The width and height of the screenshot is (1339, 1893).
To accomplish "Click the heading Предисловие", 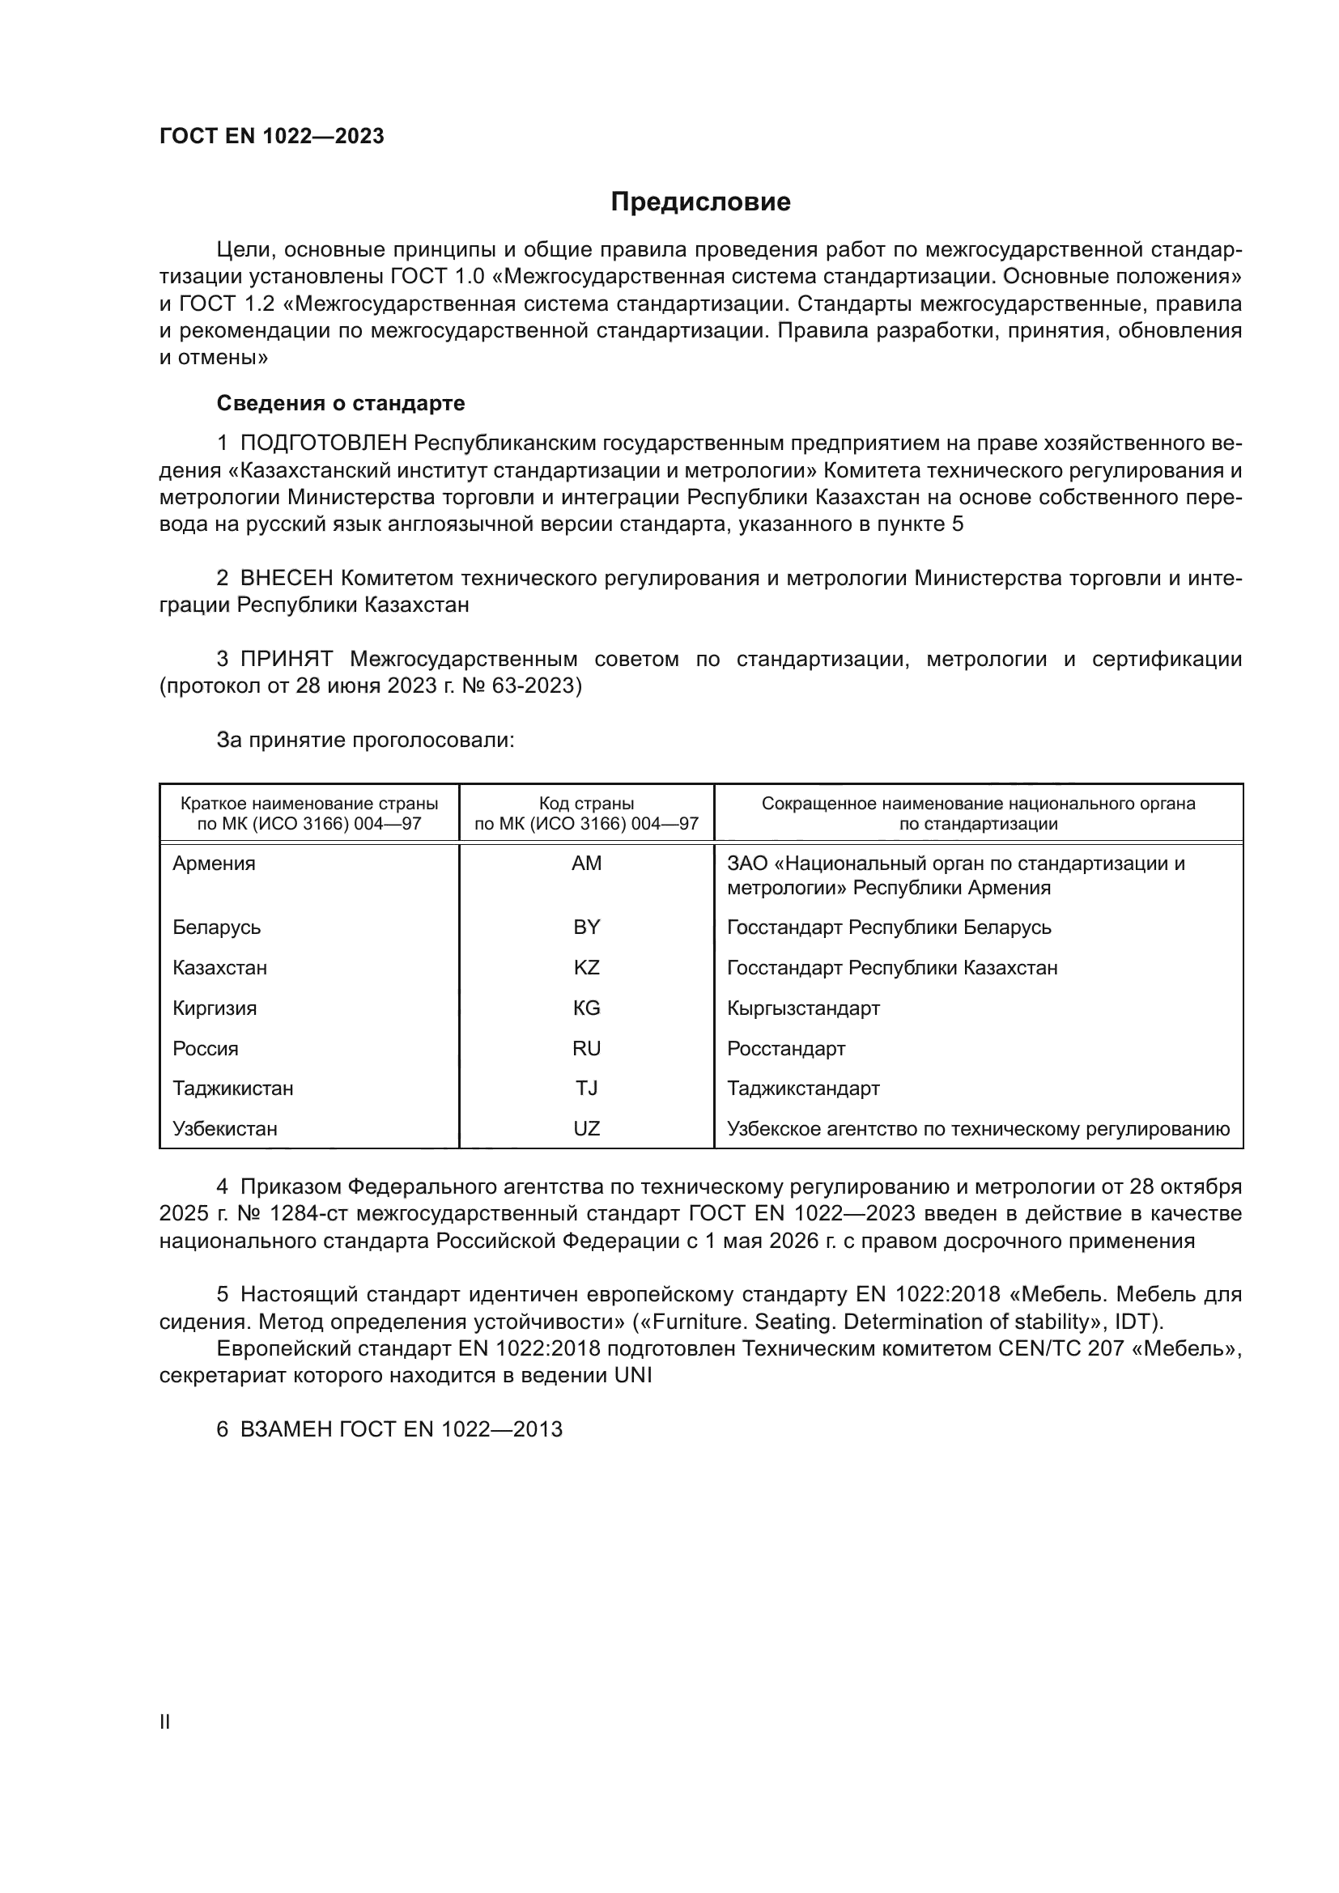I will pos(700,202).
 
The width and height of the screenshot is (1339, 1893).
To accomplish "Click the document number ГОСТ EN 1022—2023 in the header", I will pos(271,137).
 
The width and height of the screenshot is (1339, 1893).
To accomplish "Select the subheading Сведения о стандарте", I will pos(341,403).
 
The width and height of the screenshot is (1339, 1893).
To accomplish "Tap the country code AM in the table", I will pos(586,864).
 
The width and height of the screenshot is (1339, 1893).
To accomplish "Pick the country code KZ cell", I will pos(586,967).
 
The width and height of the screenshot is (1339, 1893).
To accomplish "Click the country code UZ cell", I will pos(586,1129).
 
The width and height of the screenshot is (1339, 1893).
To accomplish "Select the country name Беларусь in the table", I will pos(216,927).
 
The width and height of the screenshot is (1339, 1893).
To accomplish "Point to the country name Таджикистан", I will pos(232,1089).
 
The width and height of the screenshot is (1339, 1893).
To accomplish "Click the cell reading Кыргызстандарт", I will pos(803,1008).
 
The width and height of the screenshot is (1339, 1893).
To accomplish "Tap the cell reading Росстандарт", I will pos(786,1049).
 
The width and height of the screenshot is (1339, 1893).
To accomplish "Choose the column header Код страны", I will pos(586,804).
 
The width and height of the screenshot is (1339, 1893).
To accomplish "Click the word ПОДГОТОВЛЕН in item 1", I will pos(323,444).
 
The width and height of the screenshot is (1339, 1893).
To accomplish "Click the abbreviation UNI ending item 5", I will pos(632,1375).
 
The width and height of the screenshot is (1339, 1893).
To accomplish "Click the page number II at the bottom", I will pos(164,1721).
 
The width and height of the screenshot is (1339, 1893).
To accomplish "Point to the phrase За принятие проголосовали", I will pos(365,741).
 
